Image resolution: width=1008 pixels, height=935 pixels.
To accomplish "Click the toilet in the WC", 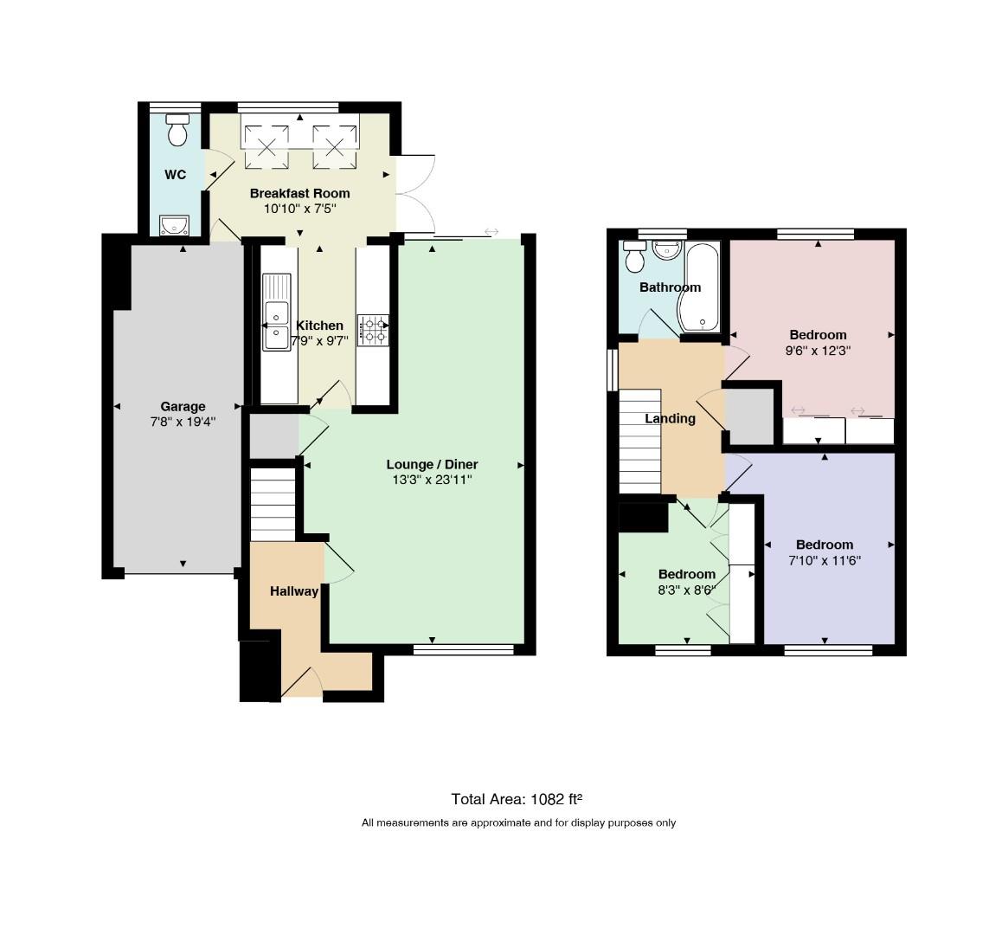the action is pyautogui.click(x=177, y=130).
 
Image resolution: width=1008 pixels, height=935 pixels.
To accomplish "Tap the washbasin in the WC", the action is pyautogui.click(x=174, y=225).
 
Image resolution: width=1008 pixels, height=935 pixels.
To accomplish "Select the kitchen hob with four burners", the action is pyautogui.click(x=373, y=330).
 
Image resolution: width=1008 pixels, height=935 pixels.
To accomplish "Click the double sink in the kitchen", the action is pyautogui.click(x=276, y=312).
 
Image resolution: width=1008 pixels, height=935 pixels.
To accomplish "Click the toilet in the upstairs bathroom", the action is pyautogui.click(x=635, y=256).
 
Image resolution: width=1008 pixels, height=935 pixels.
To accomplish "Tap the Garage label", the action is pyautogui.click(x=183, y=406).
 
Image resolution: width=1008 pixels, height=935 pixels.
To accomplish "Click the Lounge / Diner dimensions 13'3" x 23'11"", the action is pyautogui.click(x=432, y=480).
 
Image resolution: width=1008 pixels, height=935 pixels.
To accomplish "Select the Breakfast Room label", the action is pyautogui.click(x=299, y=193).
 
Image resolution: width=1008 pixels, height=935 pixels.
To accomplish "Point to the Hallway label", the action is pyautogui.click(x=294, y=591).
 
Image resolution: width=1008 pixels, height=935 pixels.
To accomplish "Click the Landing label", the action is pyautogui.click(x=670, y=419).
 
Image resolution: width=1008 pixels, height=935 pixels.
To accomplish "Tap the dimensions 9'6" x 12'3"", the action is pyautogui.click(x=818, y=351).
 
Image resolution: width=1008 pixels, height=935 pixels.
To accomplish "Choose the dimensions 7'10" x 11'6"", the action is pyautogui.click(x=825, y=561).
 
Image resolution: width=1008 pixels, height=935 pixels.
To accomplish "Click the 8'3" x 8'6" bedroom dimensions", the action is pyautogui.click(x=687, y=590).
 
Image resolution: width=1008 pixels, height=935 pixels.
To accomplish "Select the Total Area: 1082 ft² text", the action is pyautogui.click(x=517, y=799).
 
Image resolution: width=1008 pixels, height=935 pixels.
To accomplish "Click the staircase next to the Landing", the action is pyautogui.click(x=639, y=442).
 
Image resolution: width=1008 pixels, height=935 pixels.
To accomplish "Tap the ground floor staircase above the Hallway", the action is pyautogui.click(x=273, y=505).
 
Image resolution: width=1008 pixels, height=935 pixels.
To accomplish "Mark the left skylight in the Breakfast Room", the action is pyautogui.click(x=266, y=146).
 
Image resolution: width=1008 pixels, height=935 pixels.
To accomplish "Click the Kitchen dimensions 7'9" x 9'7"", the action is pyautogui.click(x=319, y=341).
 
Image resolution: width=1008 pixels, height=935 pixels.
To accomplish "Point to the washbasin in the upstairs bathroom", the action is pyautogui.click(x=666, y=250).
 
